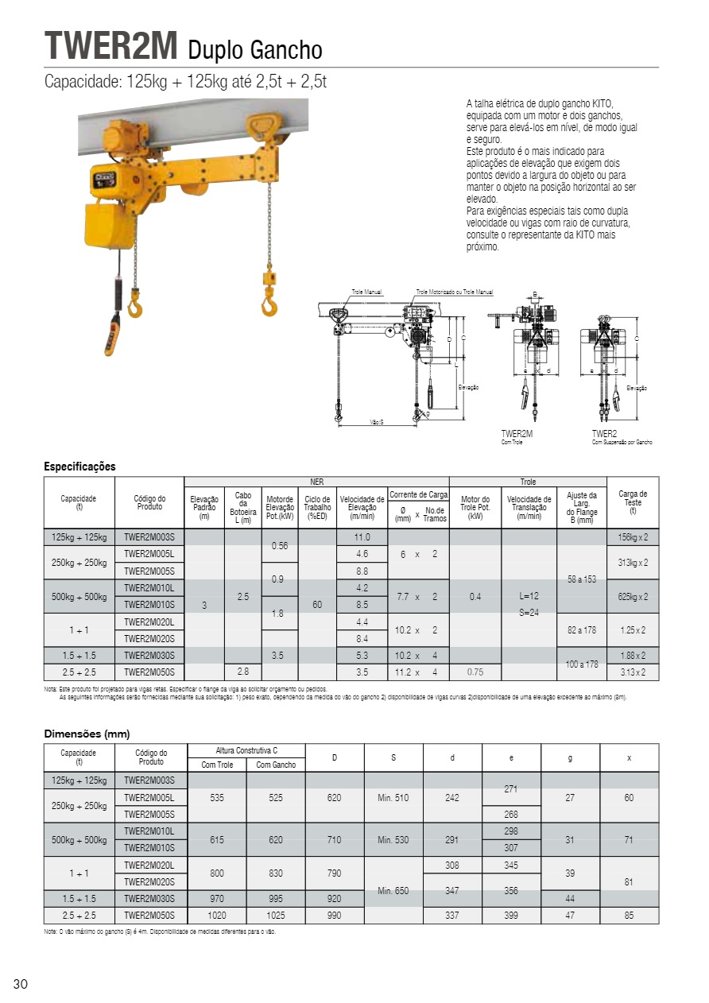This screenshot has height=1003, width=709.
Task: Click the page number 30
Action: (x=21, y=985)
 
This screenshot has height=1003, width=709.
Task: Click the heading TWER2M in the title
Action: (x=111, y=46)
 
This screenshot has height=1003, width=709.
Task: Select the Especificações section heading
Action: (x=79, y=467)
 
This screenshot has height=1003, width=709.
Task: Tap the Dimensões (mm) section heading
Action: (x=87, y=734)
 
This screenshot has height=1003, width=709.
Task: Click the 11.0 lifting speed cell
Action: (x=362, y=537)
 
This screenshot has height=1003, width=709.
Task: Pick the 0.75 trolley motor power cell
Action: (x=475, y=672)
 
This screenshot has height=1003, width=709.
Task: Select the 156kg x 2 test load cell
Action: (x=633, y=537)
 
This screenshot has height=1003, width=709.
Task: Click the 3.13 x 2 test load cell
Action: (x=633, y=672)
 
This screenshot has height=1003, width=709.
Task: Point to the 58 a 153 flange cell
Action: (x=581, y=579)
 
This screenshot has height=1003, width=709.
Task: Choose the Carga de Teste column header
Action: (x=633, y=502)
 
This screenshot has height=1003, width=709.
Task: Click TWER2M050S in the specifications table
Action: (x=149, y=672)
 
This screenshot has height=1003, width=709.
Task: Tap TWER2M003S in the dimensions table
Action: (x=149, y=780)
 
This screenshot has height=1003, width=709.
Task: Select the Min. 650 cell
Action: (x=393, y=890)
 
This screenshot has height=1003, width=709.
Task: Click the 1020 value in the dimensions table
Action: (x=217, y=915)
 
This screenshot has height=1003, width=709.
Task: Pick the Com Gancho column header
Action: (x=276, y=765)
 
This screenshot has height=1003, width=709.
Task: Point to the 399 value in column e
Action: (x=511, y=915)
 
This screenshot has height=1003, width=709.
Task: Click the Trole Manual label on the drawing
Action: (x=367, y=292)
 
